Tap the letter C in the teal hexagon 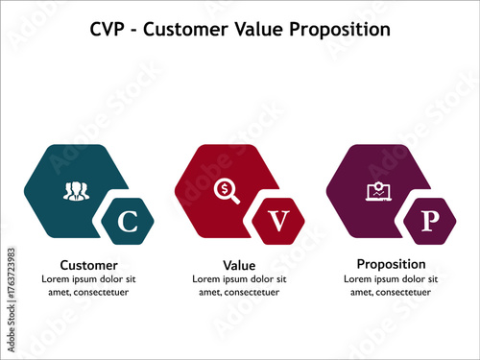(127, 224)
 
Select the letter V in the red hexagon (278, 224)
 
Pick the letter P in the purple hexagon (430, 223)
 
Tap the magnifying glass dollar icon (227, 190)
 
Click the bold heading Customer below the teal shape (89, 265)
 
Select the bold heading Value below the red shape (240, 265)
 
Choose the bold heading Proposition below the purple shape (391, 264)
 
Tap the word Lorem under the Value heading (208, 279)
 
